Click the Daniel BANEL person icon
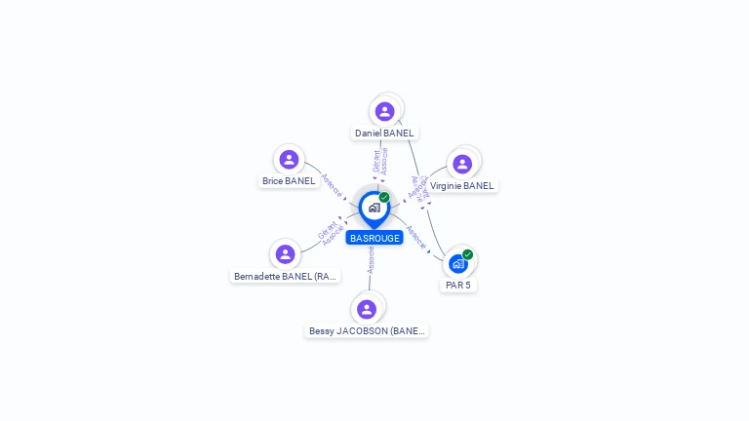[x=385, y=111]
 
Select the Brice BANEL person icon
[x=289, y=159]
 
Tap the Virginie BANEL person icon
[x=462, y=164]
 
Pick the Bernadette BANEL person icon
[x=285, y=254]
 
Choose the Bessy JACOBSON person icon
[x=367, y=309]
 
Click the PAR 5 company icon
[x=457, y=263]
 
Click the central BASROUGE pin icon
[x=374, y=208]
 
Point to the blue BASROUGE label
[x=374, y=238]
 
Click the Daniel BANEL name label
[x=384, y=133]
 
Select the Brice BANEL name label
[x=289, y=180]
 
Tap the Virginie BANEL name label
[x=462, y=185]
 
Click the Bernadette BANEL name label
[x=286, y=276]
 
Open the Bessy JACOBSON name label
[x=367, y=330]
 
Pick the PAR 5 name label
[x=458, y=285]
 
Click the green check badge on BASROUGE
[x=384, y=197]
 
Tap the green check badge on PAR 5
[x=468, y=254]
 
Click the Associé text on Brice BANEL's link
[x=332, y=185]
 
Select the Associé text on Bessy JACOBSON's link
[x=371, y=258]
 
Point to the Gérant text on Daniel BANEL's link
[x=376, y=161]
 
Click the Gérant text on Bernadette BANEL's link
[x=326, y=231]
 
